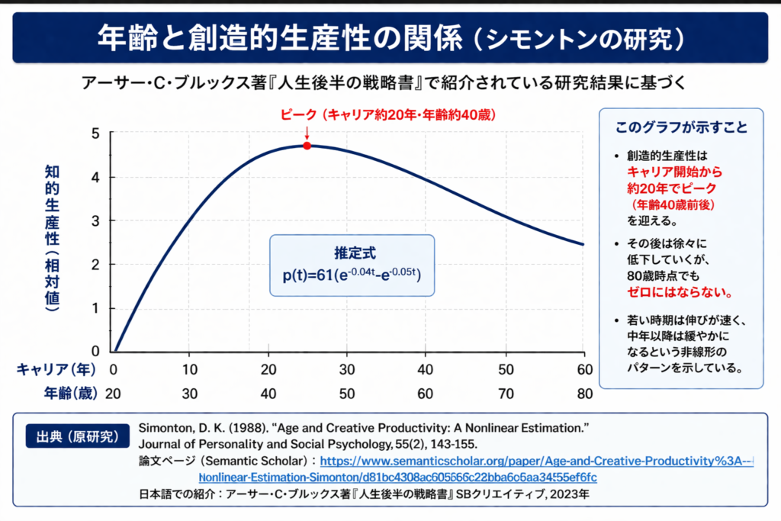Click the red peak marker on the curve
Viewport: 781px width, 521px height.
point(307,145)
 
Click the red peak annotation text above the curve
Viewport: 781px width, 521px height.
point(389,115)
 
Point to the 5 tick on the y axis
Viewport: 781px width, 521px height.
point(95,133)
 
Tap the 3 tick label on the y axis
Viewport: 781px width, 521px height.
point(95,220)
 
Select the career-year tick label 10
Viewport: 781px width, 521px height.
point(190,369)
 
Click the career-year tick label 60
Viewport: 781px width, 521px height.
point(583,369)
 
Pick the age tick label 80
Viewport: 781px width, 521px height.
point(583,394)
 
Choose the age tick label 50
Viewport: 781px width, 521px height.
point(347,394)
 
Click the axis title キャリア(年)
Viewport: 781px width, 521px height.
point(56,369)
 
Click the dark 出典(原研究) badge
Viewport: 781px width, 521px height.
point(73,436)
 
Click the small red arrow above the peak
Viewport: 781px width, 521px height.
point(307,133)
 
